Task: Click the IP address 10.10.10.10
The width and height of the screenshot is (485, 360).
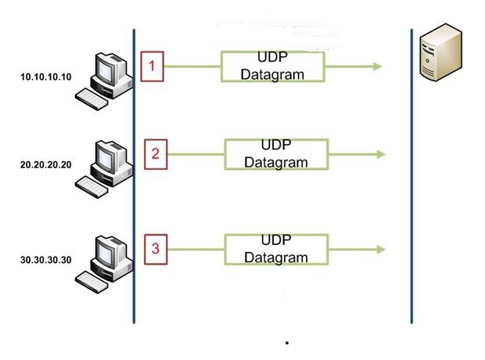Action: pos(46,77)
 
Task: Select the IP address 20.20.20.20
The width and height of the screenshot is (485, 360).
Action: pos(46,164)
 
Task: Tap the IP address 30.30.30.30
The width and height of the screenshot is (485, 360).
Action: pos(46,260)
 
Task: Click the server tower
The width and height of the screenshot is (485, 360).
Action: pos(440,52)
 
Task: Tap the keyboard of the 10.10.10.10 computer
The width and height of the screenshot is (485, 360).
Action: pos(92,99)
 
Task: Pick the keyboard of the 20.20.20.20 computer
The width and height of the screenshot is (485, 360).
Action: pos(92,187)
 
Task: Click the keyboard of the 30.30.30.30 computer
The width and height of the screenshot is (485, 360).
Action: pos(92,282)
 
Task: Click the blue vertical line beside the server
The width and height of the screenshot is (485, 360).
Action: pos(411,176)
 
